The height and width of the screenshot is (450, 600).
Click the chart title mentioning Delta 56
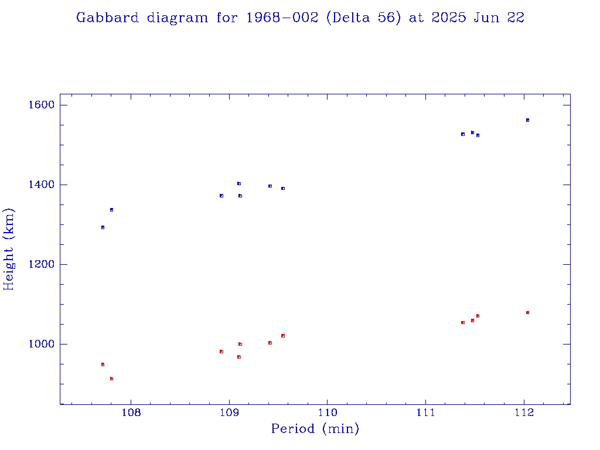coord(300,18)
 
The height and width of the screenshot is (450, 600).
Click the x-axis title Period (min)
coord(315,429)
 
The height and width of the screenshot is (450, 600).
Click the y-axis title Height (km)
coord(9,249)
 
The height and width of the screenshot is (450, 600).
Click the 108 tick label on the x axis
coord(131,412)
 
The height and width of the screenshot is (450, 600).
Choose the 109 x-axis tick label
coord(229,412)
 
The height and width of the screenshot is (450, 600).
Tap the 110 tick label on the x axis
coord(327,412)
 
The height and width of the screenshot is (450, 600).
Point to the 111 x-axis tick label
coord(425,412)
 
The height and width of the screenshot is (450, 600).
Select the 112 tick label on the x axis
coord(524,412)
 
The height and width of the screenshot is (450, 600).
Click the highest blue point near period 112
coord(527,120)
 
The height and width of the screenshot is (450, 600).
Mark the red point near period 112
coord(527,313)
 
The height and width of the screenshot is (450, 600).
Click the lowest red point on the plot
coord(111,379)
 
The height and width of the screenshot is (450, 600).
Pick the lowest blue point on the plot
coord(103,227)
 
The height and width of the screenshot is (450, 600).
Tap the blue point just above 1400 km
coord(239,183)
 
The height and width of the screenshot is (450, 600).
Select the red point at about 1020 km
coord(283,336)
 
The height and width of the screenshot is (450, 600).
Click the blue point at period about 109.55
coord(283,189)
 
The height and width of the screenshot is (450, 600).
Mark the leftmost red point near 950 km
coord(103,364)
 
